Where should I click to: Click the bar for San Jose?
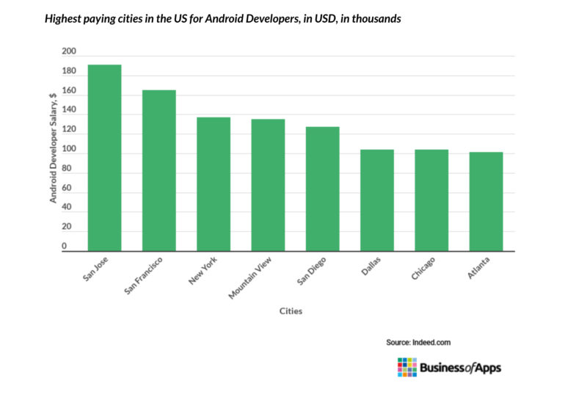tap(104, 158)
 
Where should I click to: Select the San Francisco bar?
tap(158, 170)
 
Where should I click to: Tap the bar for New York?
tap(214, 184)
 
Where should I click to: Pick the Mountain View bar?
tap(268, 185)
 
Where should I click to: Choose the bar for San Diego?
tap(322, 189)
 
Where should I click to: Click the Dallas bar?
tap(377, 200)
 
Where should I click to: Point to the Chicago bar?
tap(431, 200)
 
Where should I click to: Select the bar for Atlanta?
tap(486, 202)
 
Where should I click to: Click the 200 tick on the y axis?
tap(69, 52)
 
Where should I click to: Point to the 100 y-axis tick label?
tap(69, 150)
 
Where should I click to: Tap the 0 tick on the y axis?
tap(65, 247)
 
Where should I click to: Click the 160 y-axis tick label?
tap(69, 91)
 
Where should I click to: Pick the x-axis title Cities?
tap(291, 311)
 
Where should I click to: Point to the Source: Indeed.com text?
tap(418, 342)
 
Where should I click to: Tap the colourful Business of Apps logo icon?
tap(406, 367)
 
